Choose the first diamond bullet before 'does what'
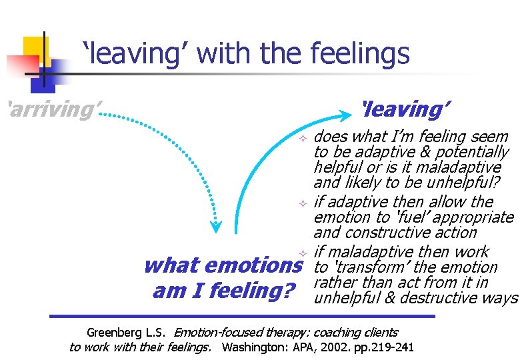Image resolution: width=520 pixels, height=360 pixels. [x=302, y=137]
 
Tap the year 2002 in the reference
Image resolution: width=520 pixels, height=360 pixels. [x=359, y=347]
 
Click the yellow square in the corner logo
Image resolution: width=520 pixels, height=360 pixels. [x=35, y=48]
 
